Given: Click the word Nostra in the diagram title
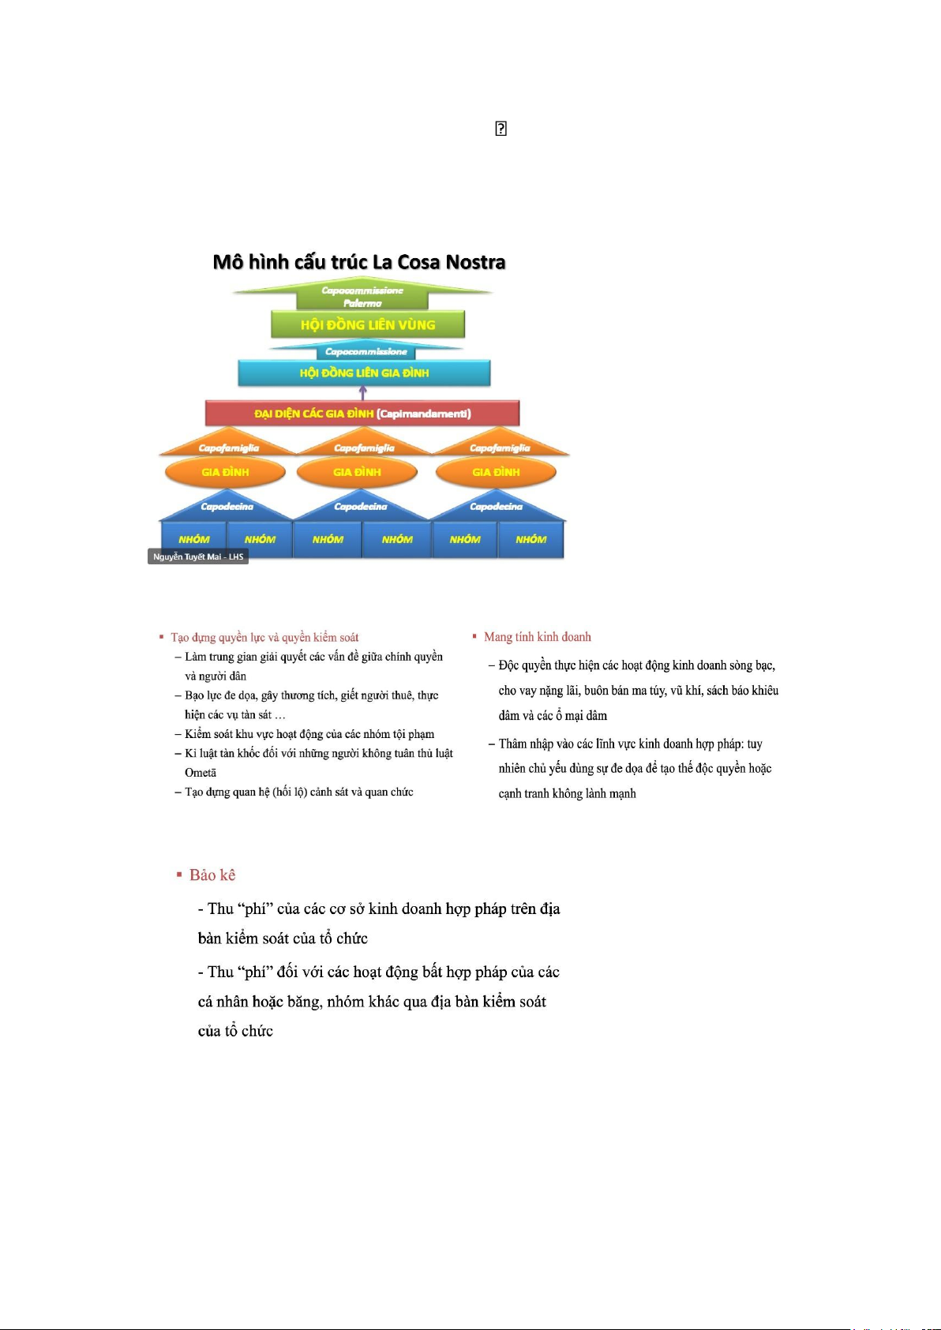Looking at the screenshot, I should [475, 262].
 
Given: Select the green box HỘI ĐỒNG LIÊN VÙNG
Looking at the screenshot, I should [368, 324].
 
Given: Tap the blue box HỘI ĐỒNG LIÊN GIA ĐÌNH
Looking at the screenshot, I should [364, 373].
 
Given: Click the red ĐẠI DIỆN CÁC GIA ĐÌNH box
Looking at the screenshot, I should [362, 414].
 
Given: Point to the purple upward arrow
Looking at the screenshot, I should [363, 392].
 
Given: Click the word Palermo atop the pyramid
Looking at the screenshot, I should [362, 303].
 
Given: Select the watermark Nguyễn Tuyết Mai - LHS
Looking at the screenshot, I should [198, 556].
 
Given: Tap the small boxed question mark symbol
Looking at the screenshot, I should [500, 129].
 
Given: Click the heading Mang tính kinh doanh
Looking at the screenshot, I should [537, 637].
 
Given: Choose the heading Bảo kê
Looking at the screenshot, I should [212, 875].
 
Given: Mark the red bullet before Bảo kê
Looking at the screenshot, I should [179, 875].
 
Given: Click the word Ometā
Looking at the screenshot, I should [201, 773].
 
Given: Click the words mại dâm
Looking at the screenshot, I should [586, 715].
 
